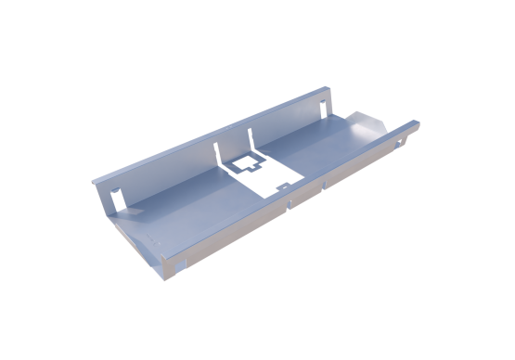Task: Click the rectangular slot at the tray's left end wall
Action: [118, 198]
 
